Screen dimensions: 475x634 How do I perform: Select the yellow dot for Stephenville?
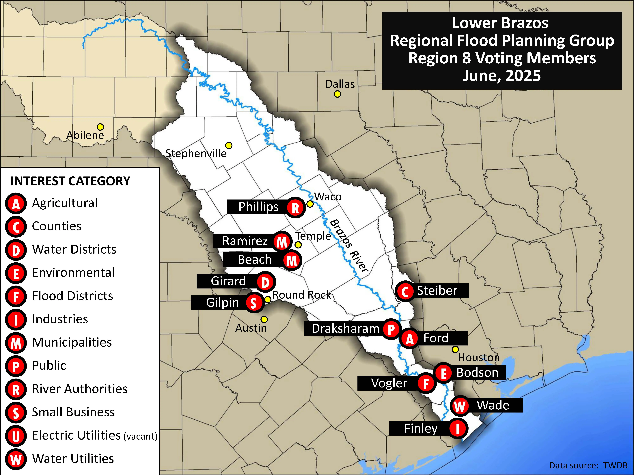click(229, 145)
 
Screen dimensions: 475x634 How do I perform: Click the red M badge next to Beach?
click(292, 261)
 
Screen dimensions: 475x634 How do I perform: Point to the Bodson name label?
click(477, 373)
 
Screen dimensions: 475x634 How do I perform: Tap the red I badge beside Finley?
click(457, 429)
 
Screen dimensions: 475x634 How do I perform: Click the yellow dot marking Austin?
click(264, 319)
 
